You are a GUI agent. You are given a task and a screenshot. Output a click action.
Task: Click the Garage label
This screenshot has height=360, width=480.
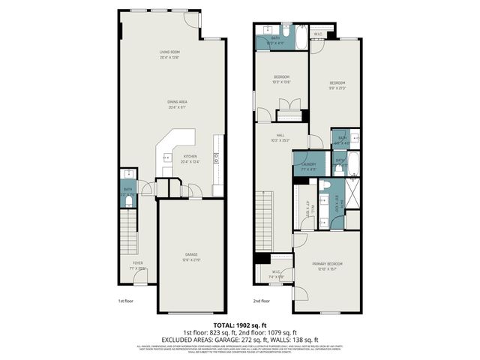click(192, 256)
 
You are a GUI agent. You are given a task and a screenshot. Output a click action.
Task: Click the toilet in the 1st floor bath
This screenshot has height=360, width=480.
click(128, 198)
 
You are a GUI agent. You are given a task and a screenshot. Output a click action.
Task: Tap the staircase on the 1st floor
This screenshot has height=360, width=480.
click(130, 232)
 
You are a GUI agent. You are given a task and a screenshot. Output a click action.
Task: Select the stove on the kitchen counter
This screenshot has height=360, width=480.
click(217, 157)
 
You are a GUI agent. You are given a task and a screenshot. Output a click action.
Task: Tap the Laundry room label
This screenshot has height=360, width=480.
click(309, 166)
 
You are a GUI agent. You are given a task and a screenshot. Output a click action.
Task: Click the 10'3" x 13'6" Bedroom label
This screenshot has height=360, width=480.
click(281, 80)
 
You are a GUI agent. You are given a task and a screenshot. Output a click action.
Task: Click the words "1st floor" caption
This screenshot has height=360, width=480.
click(125, 301)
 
